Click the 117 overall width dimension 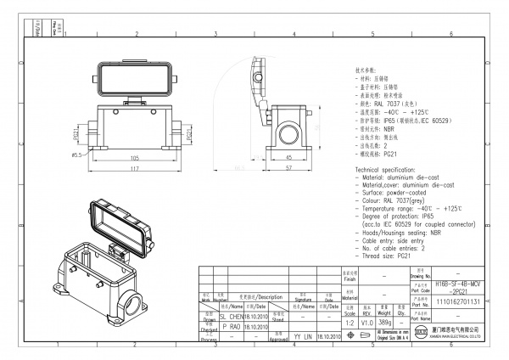[135, 169]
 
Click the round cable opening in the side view [289, 132]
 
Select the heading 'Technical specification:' [391, 171]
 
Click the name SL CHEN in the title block [231, 315]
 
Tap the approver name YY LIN [302, 336]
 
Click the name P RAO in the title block [231, 325]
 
